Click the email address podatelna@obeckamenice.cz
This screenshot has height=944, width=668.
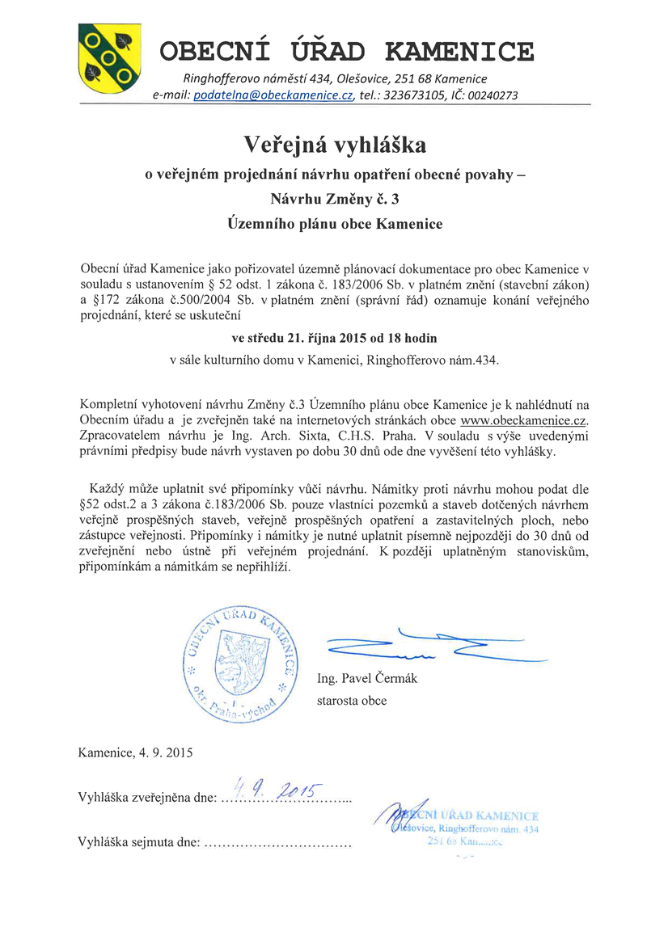[x=274, y=95]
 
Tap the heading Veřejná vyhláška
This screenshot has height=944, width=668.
[x=335, y=145]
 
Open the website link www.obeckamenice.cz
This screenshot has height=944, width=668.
[x=522, y=421]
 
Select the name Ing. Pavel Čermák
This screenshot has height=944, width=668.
[x=367, y=679]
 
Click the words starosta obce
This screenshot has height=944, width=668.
[x=352, y=701]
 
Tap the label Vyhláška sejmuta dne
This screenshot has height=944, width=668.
[x=138, y=842]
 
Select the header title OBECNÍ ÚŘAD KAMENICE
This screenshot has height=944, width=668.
[x=347, y=52]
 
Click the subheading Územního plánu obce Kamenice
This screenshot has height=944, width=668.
[x=335, y=224]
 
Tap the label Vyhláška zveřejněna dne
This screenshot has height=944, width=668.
[x=146, y=798]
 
